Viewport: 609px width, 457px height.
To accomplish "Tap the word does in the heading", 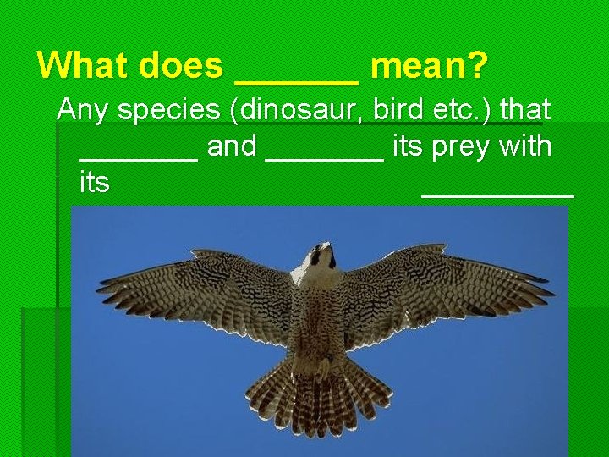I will click(x=178, y=65).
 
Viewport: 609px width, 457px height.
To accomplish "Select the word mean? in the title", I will click(x=430, y=65).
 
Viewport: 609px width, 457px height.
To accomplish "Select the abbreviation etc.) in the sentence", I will click(x=463, y=110).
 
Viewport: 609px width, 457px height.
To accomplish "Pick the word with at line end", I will click(x=526, y=146).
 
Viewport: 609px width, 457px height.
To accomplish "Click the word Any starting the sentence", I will click(x=81, y=110).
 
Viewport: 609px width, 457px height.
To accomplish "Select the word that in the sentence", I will click(x=526, y=109).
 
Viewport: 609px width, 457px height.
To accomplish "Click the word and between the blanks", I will click(x=232, y=146).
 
